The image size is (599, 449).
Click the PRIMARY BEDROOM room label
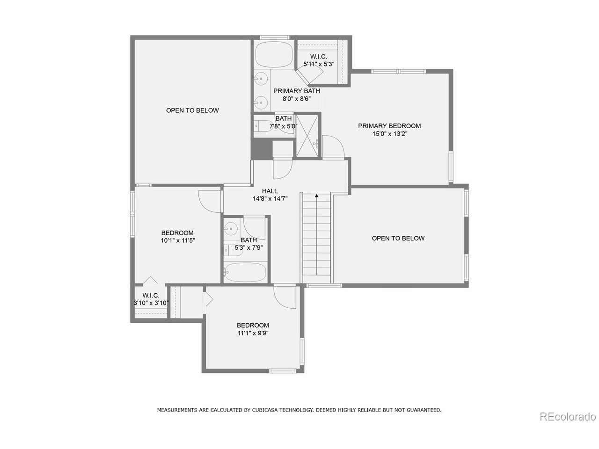point(389,126)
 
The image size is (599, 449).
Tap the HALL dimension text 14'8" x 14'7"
point(270,198)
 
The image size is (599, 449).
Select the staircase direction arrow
point(317,196)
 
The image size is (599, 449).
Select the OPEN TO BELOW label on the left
point(192,110)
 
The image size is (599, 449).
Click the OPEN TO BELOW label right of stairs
point(398,238)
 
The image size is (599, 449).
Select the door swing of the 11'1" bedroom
point(285,298)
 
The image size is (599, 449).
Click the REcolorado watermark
point(567,416)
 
